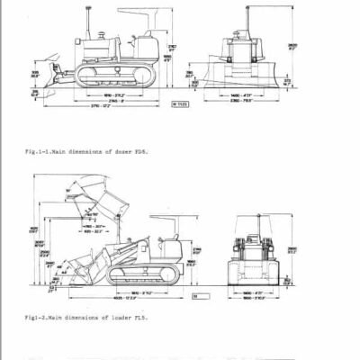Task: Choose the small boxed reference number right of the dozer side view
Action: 178,104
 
